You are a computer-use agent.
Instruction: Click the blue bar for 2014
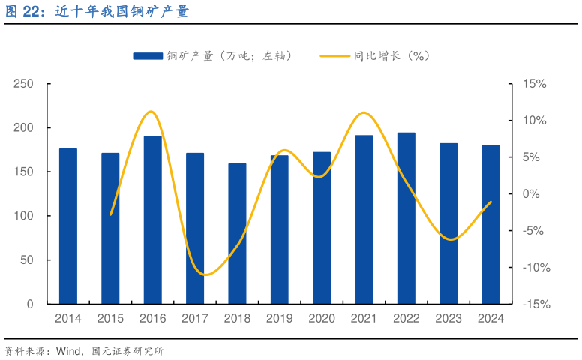(x=68, y=226)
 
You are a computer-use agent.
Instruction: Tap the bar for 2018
(x=237, y=233)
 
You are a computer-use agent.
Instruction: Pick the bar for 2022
(x=406, y=218)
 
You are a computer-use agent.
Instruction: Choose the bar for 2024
(x=490, y=224)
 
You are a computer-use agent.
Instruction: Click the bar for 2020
(x=322, y=228)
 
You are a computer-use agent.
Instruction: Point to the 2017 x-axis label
(x=195, y=319)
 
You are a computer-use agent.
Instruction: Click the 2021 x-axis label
(x=364, y=319)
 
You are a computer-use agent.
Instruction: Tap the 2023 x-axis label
(x=448, y=319)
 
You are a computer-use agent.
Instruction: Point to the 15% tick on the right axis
(x=535, y=84)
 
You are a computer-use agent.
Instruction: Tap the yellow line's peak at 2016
(x=151, y=112)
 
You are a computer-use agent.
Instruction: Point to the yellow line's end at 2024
(x=490, y=202)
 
